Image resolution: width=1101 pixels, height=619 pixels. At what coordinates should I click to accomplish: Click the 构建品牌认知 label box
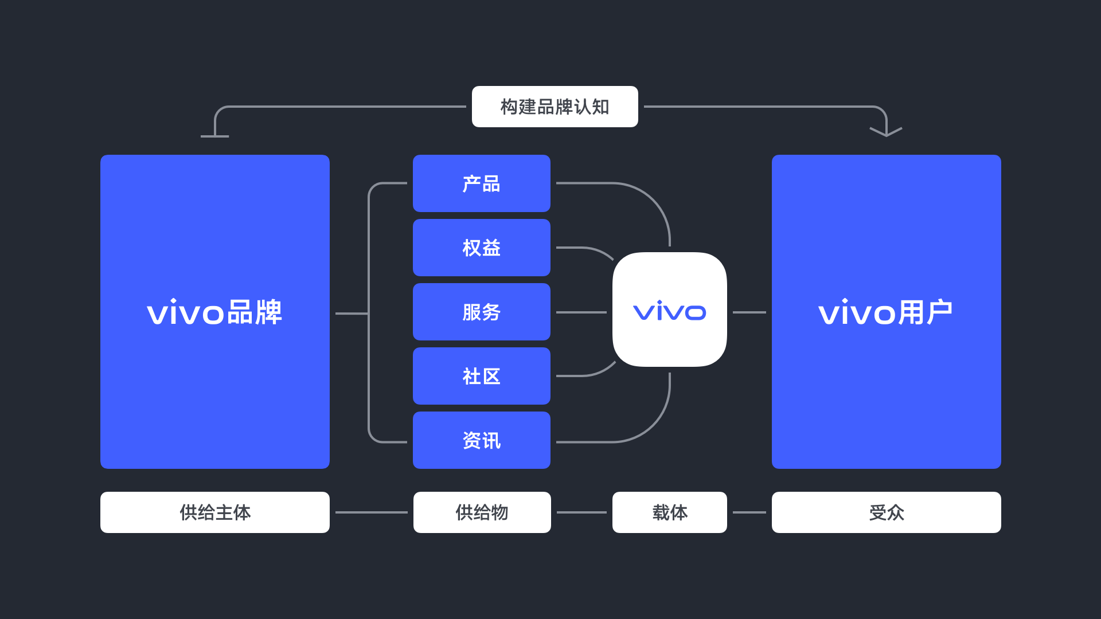tap(555, 107)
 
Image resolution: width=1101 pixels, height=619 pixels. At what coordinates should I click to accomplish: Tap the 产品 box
tap(481, 183)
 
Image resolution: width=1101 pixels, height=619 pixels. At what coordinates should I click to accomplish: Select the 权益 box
tap(481, 248)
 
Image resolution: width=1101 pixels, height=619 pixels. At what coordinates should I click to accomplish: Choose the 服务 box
tap(481, 312)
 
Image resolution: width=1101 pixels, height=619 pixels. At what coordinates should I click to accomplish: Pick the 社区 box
tap(481, 376)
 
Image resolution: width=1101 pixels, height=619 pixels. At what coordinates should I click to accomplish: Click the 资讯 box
tap(481, 440)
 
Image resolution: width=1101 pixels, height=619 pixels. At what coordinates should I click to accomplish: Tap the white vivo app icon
tap(669, 309)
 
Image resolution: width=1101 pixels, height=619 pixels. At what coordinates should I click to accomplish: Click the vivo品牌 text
tap(214, 312)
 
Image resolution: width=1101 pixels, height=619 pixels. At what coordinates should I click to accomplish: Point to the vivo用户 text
tap(885, 312)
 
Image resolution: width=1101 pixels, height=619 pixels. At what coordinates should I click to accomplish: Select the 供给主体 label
tap(214, 512)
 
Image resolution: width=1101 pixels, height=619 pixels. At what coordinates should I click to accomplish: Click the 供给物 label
tap(482, 512)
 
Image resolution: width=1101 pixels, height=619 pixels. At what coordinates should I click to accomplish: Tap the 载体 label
tap(669, 512)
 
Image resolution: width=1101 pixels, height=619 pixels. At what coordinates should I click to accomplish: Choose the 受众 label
tap(886, 512)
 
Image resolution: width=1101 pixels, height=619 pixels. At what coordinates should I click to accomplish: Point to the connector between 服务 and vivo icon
tap(581, 312)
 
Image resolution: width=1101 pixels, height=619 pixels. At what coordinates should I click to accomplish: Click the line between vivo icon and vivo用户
tap(749, 312)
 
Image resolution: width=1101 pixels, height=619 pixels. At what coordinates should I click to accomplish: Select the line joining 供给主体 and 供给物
tap(371, 512)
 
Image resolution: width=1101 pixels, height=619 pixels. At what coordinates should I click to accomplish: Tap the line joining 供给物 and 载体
tap(581, 512)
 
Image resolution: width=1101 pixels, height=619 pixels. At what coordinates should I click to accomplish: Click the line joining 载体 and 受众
tap(749, 512)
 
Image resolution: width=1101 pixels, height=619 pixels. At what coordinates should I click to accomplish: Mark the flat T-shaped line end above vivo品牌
tap(214, 136)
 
